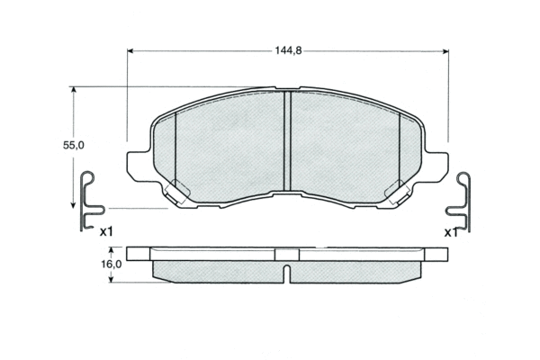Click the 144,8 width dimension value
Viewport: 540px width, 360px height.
click(x=288, y=51)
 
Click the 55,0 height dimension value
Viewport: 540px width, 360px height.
click(x=74, y=146)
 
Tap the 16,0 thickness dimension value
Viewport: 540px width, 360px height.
click(x=112, y=265)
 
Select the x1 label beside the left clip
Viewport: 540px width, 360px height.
click(x=106, y=232)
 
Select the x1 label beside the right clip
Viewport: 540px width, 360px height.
click(x=451, y=233)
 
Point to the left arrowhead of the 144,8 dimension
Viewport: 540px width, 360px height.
click(x=130, y=51)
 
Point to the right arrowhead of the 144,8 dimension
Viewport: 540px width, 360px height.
click(x=445, y=51)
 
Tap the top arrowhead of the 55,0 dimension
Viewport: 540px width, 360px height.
click(x=73, y=90)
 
